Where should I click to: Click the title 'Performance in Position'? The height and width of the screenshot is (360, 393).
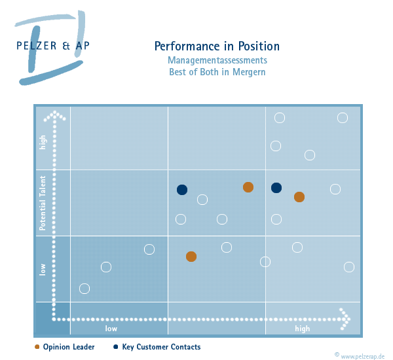coord(217,46)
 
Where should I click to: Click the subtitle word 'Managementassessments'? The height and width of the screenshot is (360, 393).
coord(217,60)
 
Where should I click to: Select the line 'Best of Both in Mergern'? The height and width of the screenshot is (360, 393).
coord(217,72)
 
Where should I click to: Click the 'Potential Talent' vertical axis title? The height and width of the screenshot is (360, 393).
coord(43,203)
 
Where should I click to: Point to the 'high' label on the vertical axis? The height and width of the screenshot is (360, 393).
coord(43,142)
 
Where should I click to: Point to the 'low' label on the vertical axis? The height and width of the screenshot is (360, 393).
coord(43,269)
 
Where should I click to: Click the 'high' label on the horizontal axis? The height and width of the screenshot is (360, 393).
coord(302,329)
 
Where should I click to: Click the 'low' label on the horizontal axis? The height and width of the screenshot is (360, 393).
coord(111,329)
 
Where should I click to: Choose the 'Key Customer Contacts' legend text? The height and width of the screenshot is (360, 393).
coord(161,347)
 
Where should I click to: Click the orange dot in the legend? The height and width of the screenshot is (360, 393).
coord(37,347)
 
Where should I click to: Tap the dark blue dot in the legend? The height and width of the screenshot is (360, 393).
coord(115,347)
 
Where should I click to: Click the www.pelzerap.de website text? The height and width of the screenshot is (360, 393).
coord(364,355)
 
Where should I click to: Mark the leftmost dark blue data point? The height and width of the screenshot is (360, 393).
coord(182,190)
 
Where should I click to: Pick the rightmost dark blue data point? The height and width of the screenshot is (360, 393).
coord(276,188)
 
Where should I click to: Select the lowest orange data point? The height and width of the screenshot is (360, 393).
coord(191,257)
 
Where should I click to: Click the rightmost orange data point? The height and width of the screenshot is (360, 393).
coord(299,197)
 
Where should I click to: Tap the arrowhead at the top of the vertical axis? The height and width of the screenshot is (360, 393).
coord(56,115)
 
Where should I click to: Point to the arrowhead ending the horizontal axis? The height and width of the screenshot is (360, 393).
coord(345,319)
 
